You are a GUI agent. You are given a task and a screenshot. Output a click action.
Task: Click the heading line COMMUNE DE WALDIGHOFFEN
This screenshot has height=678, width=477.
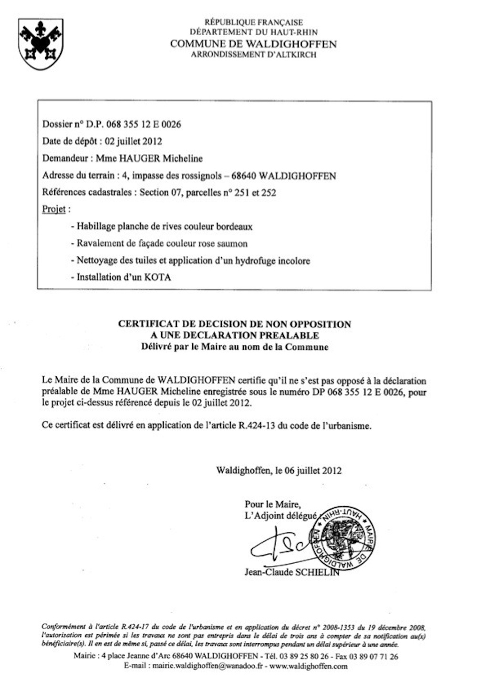coord(253,44)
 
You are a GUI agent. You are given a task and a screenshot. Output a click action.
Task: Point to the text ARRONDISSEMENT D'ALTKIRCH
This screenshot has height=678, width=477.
coord(253,55)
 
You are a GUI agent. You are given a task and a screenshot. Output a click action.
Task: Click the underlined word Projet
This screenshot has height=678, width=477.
coord(54,209)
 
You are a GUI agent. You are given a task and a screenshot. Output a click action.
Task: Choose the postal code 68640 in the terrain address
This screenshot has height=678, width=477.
coord(245,176)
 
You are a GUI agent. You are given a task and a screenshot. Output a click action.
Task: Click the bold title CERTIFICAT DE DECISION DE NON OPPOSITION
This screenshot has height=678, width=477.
coord(235,324)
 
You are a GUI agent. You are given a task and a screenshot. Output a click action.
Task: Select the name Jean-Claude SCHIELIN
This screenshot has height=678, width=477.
coord(291,572)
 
